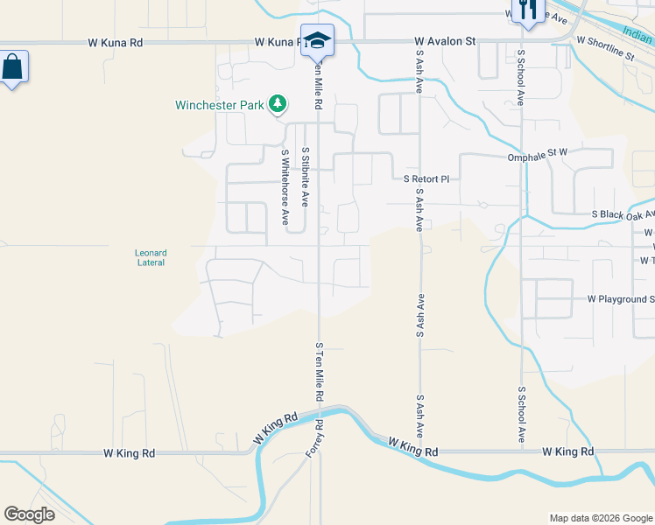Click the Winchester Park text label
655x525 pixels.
[x=219, y=105]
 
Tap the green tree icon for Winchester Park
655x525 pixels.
[x=278, y=105]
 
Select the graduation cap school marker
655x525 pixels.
[x=317, y=40]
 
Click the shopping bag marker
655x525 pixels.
[x=13, y=67]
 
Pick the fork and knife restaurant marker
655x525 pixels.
[x=526, y=10]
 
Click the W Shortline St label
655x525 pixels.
[x=605, y=48]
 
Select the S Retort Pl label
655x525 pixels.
[x=426, y=178]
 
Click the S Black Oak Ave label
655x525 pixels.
[x=623, y=214]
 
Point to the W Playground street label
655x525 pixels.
[x=621, y=299]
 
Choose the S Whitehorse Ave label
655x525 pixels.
[x=285, y=187]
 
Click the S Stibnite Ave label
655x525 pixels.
[x=306, y=176]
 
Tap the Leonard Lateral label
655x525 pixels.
[x=151, y=257]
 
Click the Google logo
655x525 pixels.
[x=29, y=514]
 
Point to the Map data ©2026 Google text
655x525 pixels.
[x=600, y=518]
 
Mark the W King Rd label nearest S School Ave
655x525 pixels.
[x=567, y=451]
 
